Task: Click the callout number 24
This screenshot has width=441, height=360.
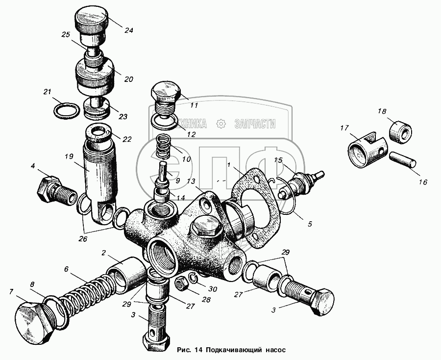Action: pos(128,30)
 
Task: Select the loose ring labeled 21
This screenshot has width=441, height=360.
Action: pos(66,111)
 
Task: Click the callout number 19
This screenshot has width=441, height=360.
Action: pos(69,156)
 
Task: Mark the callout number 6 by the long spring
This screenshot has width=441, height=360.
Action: pos(66,269)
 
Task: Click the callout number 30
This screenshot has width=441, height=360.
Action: pos(213,289)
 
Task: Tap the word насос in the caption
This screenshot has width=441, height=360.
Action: pos(275,350)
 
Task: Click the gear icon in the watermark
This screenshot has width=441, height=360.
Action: pos(221,124)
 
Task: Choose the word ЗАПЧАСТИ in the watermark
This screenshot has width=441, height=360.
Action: pos(255,124)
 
